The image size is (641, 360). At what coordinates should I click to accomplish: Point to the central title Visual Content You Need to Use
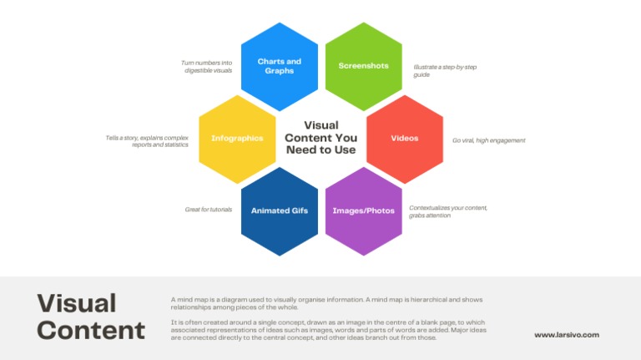(320, 138)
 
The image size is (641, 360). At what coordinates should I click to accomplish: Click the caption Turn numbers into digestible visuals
(207, 67)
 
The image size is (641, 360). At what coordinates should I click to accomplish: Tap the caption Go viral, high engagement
(489, 140)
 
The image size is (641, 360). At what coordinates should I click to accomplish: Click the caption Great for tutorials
(209, 210)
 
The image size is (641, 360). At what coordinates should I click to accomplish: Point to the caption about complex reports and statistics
(147, 141)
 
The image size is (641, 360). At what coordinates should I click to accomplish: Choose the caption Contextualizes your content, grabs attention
(448, 211)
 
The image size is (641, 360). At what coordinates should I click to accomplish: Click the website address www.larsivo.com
(567, 335)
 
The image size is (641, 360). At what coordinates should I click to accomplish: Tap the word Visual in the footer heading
(77, 303)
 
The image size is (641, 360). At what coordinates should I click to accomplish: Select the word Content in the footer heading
(91, 330)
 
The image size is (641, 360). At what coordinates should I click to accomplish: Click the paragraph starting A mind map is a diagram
(326, 303)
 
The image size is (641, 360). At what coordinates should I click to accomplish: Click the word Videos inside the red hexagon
(405, 138)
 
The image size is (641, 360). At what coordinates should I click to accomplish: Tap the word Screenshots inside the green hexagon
(363, 65)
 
